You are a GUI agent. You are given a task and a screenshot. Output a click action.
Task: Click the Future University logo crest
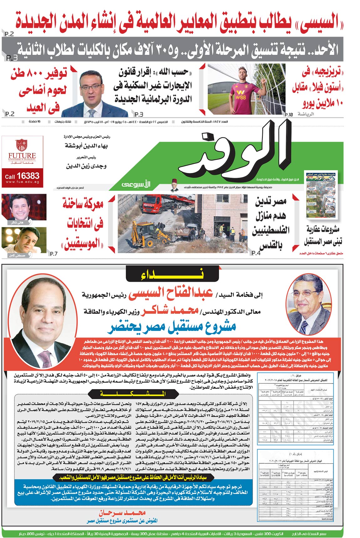click(22, 145)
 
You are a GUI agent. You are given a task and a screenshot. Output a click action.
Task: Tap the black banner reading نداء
click(172, 275)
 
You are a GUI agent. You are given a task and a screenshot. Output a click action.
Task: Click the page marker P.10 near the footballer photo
click(289, 115)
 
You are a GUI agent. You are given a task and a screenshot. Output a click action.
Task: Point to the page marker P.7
click(54, 254)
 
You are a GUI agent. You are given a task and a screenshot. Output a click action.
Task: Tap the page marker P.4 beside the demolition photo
click(256, 253)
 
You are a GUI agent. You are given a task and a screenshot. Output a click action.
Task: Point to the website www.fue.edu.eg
click(22, 182)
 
